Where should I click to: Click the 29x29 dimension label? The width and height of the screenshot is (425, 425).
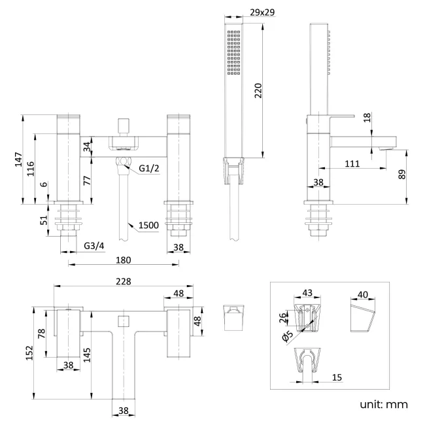[x=261, y=12]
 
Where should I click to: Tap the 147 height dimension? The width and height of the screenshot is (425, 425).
[x=19, y=159]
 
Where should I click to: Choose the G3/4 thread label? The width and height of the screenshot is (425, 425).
[x=94, y=246]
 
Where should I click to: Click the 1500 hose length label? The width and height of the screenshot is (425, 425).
[x=148, y=226]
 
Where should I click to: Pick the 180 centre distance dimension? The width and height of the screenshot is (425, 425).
[x=124, y=260]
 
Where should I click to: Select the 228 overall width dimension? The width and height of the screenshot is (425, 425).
[x=122, y=281]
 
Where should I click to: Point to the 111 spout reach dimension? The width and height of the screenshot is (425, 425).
[x=352, y=164]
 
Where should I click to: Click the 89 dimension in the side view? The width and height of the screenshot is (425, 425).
[x=401, y=175]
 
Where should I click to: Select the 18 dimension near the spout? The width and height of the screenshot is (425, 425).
[x=367, y=116]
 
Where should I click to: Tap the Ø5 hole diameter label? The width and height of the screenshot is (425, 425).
[x=286, y=337]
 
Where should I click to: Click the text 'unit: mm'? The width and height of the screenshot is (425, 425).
[x=383, y=404]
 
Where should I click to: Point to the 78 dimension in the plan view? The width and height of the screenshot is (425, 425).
[x=42, y=333]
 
